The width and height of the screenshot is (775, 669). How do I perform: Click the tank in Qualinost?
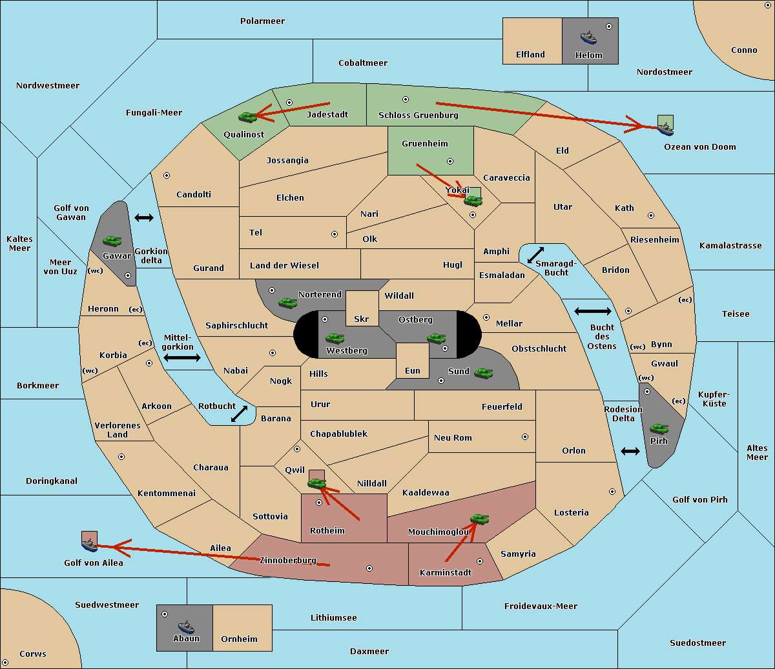pyautogui.click(x=248, y=117)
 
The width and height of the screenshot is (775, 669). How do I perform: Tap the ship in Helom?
pyautogui.click(x=588, y=37)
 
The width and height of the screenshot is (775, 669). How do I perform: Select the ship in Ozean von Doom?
pyautogui.click(x=665, y=129)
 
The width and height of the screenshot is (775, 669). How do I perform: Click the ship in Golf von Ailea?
pyautogui.click(x=89, y=545)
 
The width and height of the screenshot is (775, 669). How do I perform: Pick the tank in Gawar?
pyautogui.click(x=112, y=241)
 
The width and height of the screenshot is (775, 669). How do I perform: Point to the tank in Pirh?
pyautogui.click(x=659, y=428)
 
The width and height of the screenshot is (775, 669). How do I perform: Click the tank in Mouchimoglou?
pyautogui.click(x=480, y=519)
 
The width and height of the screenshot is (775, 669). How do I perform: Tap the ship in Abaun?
pyautogui.click(x=186, y=627)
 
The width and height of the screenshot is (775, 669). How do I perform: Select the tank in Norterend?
pyautogui.click(x=287, y=303)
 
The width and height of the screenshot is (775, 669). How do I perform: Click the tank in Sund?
pyautogui.click(x=483, y=373)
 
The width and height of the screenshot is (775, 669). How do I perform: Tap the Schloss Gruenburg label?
pyautogui.click(x=418, y=115)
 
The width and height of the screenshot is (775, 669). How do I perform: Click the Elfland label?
pyautogui.click(x=530, y=54)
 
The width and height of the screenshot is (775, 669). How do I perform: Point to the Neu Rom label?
pyautogui.click(x=453, y=437)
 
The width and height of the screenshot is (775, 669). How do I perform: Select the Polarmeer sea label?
pyautogui.click(x=262, y=21)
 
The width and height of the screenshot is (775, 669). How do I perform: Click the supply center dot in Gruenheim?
pyautogui.click(x=450, y=161)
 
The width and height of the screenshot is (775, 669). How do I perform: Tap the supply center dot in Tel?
pyautogui.click(x=335, y=234)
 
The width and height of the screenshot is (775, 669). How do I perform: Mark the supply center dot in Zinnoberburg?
pyautogui.click(x=369, y=568)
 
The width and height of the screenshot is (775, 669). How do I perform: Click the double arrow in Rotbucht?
pyautogui.click(x=239, y=414)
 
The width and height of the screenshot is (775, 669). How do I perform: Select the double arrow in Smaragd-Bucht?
pyautogui.click(x=535, y=255)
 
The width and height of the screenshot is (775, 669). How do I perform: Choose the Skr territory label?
pyautogui.click(x=362, y=319)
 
